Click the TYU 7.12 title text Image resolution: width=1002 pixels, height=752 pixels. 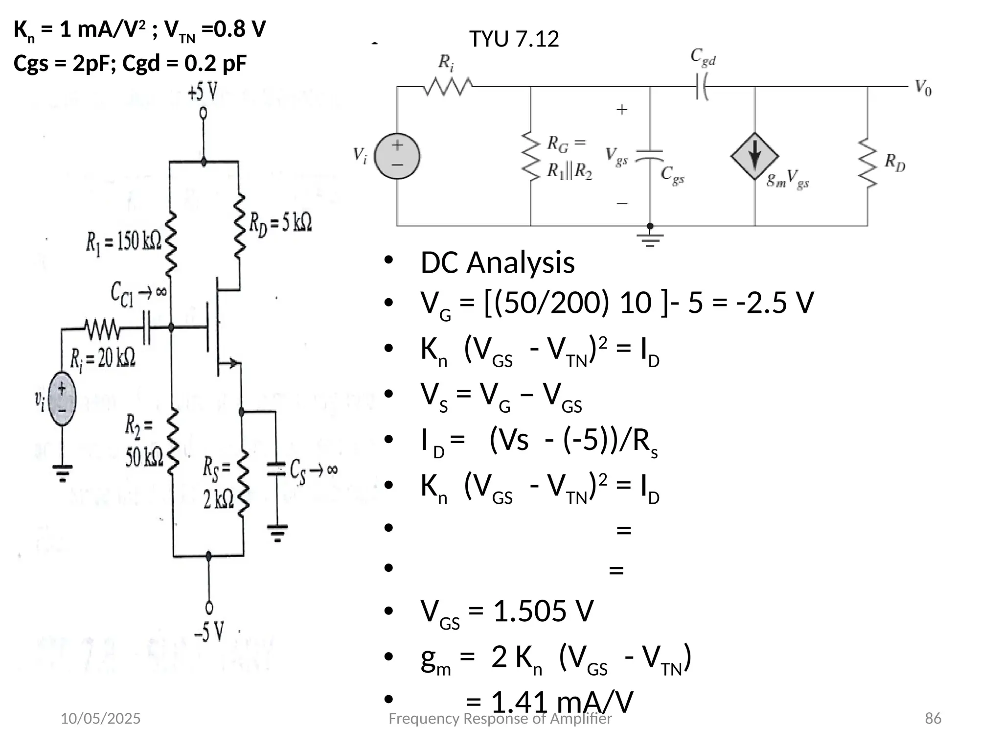tap(514, 39)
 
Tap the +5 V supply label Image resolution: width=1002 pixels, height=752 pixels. tap(203, 92)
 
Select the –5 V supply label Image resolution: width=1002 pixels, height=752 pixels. tap(209, 631)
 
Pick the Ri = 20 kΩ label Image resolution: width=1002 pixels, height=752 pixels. tap(102, 359)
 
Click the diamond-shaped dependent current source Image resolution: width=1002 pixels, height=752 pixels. tap(754, 157)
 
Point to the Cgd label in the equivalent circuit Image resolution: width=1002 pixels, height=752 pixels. tap(703, 58)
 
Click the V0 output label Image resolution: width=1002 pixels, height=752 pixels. tap(923, 88)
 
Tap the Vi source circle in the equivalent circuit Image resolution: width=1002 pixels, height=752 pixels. tap(397, 157)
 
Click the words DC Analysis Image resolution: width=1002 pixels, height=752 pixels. tap(497, 263)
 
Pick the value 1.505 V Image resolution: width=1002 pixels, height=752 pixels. tap(543, 611)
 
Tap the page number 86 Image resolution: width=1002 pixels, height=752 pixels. tap(933, 718)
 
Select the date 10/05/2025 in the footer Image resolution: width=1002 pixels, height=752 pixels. tap(100, 718)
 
